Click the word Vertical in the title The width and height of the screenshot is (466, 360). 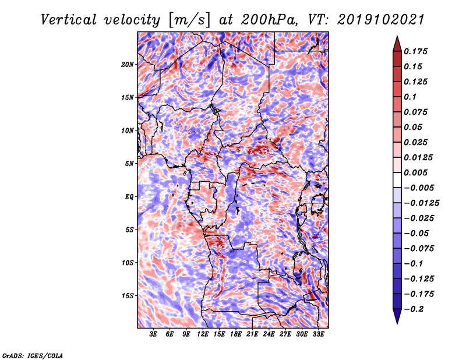coord(69,20)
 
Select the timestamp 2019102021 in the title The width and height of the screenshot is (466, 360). coord(381,20)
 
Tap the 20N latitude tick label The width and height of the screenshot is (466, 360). coord(128,64)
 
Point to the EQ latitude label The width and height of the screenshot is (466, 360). coord(129,197)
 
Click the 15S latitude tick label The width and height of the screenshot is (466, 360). coord(128,296)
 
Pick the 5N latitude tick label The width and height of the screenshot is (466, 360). coord(129,164)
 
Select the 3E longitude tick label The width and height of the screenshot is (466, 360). coord(153,334)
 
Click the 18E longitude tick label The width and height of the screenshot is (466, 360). coord(236,334)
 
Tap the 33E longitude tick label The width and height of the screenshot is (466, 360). coord(318,334)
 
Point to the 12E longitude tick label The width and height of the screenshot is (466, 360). coord(203,334)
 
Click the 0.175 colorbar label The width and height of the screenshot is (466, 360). coord(415,51)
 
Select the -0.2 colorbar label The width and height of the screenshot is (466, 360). coord(414,309)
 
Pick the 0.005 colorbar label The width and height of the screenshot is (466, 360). coord(415,172)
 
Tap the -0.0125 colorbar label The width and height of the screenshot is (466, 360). coord(421,203)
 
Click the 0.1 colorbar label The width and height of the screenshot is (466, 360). coord(410,97)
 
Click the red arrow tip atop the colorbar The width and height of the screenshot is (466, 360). coord(397,36)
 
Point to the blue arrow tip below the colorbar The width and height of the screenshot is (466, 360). coord(397,323)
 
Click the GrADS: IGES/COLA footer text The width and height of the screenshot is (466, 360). coord(33,356)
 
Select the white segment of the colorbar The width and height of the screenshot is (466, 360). coord(397,180)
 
